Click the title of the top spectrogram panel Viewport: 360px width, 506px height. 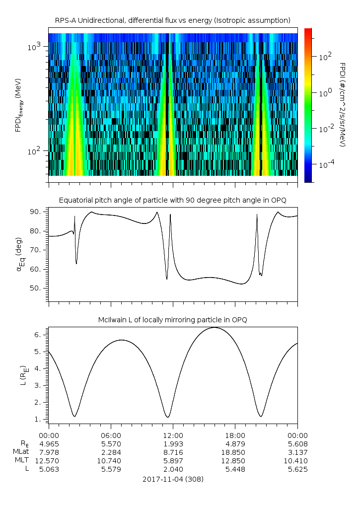point(172,20)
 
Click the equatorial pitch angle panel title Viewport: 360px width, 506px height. point(172,200)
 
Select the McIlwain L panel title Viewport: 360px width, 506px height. point(172,320)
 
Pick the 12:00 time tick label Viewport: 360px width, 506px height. point(173,434)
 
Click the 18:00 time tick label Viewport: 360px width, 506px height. point(235,434)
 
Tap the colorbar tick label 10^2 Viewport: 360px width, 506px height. point(325,57)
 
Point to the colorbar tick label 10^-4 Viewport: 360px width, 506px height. point(326,164)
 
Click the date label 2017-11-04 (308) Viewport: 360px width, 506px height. point(172,479)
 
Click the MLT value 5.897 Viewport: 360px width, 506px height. point(173,461)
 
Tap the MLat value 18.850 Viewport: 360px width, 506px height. point(235,452)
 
